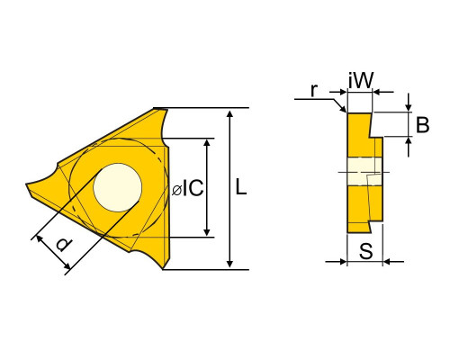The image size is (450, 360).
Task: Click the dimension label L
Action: [x=240, y=186]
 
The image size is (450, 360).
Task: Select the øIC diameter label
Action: [x=188, y=188]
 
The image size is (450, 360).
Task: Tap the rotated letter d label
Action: [x=64, y=245]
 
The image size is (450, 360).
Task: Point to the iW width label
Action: [x=361, y=80]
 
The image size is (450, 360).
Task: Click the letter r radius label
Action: [x=314, y=90]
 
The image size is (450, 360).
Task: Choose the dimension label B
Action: [x=422, y=125]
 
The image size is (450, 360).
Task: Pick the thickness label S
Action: [x=366, y=250]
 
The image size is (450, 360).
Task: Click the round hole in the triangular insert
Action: [x=117, y=187]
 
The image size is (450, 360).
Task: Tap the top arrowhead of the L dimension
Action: [x=229, y=114]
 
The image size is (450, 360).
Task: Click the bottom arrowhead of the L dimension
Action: [x=229, y=263]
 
